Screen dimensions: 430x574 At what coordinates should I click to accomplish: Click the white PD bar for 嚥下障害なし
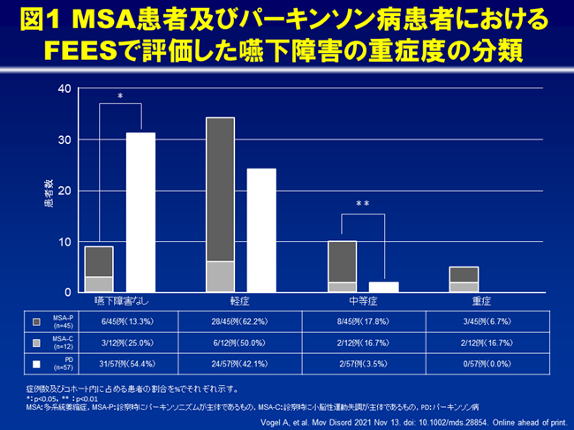pos(140,212)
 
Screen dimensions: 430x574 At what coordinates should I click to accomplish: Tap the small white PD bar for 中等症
pos(383,286)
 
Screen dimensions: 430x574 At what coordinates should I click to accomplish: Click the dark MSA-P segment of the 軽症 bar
pos(220,189)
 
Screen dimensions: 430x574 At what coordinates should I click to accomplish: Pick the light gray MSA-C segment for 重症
pos(464,287)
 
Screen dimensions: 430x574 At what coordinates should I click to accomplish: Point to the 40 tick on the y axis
pos(64,88)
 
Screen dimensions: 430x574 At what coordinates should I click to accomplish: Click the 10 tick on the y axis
pos(64,241)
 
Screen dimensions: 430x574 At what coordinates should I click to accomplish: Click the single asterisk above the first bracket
pos(120,95)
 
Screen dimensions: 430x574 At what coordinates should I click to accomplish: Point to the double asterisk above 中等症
pos(362,205)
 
